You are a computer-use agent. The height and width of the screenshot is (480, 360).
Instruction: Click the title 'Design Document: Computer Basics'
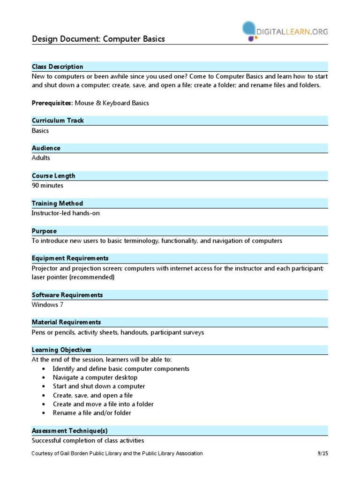pyautogui.click(x=98, y=39)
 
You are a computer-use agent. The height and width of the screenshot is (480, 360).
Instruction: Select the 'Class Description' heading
pyautogui.click(x=58, y=67)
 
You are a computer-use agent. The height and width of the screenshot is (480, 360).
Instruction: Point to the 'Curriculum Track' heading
pyautogui.click(x=58, y=120)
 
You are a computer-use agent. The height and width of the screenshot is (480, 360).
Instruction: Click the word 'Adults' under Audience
pyautogui.click(x=41, y=158)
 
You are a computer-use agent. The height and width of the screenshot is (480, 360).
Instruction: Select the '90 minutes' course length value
pyautogui.click(x=47, y=185)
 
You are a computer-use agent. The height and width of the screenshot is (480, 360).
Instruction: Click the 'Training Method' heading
pyautogui.click(x=57, y=203)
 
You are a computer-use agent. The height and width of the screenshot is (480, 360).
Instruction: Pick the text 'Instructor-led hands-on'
pyautogui.click(x=66, y=213)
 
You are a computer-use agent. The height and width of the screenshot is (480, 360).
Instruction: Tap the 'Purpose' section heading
pyautogui.click(x=45, y=231)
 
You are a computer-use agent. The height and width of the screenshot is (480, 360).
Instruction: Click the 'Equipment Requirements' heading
pyautogui.click(x=70, y=258)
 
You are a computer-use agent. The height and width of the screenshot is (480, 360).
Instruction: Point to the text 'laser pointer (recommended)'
pyautogui.click(x=73, y=277)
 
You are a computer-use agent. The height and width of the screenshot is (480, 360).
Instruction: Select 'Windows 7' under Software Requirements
pyautogui.click(x=47, y=305)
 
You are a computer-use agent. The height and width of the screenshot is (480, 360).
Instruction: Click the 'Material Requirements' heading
pyautogui.click(x=66, y=322)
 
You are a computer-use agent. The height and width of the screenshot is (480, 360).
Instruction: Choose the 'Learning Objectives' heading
pyautogui.click(x=61, y=350)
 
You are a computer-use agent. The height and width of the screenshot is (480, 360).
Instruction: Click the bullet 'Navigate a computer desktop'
pyautogui.click(x=95, y=377)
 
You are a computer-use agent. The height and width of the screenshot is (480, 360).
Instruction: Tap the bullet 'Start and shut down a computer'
pyautogui.click(x=99, y=386)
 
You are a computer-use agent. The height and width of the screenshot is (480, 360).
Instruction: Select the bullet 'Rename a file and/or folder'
pyautogui.click(x=92, y=413)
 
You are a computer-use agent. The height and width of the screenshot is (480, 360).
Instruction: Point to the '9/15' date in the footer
pyautogui.click(x=322, y=453)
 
